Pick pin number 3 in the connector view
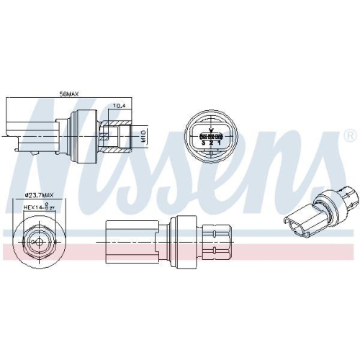tap(203, 143)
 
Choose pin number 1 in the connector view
tap(219, 143)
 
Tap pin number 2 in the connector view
tap(211, 143)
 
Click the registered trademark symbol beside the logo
tap(349, 135)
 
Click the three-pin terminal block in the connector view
tap(211, 135)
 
